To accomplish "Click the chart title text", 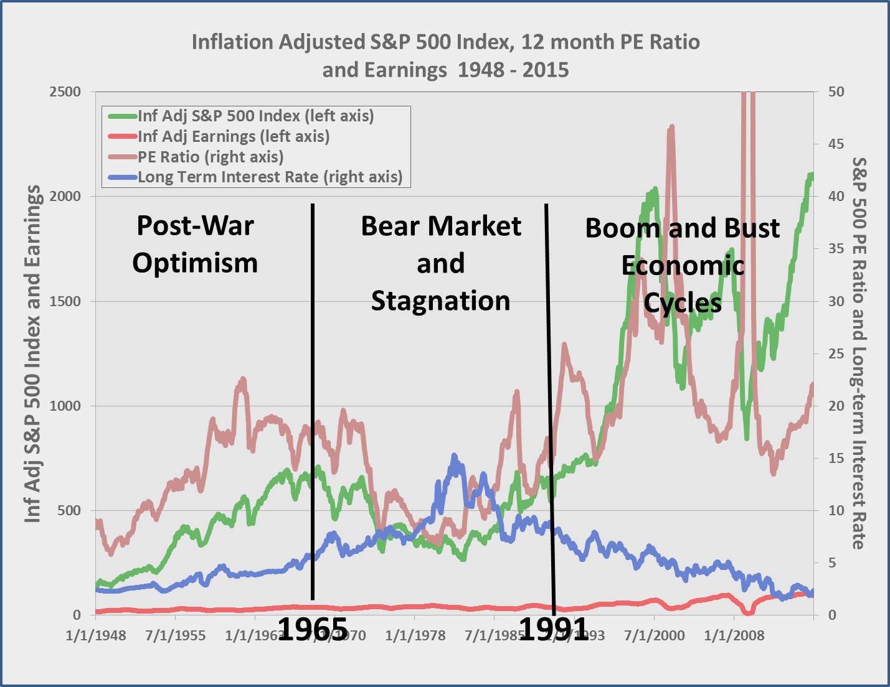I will (x=445, y=55).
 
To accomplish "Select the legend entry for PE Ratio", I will (x=211, y=157).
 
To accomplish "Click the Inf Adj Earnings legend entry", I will (x=234, y=136).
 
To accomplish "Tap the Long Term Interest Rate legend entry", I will (x=270, y=177).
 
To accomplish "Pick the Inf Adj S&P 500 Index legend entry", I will (x=255, y=116).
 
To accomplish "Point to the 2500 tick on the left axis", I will (x=65, y=92).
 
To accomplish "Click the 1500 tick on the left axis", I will (x=65, y=301).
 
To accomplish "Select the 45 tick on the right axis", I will (x=836, y=144).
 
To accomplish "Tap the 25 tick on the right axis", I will (x=836, y=353).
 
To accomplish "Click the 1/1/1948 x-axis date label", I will (x=96, y=635).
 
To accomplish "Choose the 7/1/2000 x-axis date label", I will (x=654, y=635).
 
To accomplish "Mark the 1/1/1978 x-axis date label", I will (x=415, y=635).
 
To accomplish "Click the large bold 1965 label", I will (x=312, y=629).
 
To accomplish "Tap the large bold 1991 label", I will (x=553, y=629).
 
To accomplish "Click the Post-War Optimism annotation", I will (x=195, y=244).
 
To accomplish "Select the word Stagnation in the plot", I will (x=440, y=301).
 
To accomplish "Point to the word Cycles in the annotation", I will (x=683, y=303).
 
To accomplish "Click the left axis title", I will (x=32, y=353).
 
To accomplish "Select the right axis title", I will (x=859, y=353).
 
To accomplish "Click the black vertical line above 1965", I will (x=313, y=398).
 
